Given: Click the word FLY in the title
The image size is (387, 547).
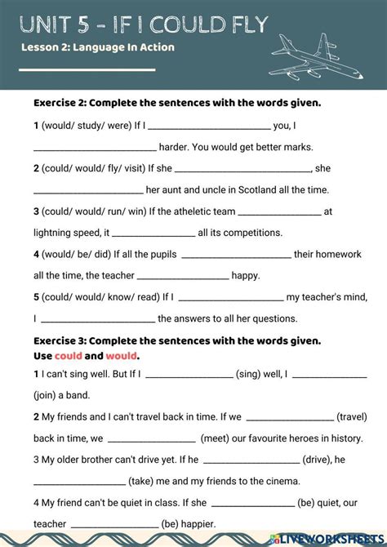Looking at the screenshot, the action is coord(242,24).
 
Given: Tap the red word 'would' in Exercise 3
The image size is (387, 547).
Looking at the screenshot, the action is coord(122,356).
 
